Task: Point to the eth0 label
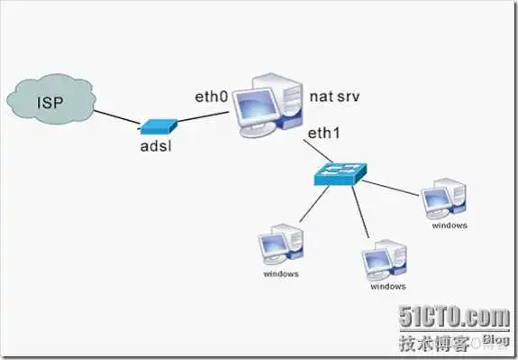pos(214,96)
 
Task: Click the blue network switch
pos(338,173)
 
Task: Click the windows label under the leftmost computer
pos(281,272)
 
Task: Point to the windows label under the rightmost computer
pos(450,226)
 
